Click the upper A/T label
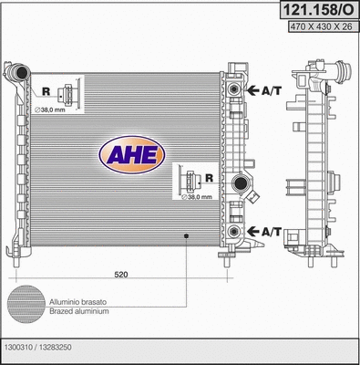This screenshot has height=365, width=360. tap(270, 90)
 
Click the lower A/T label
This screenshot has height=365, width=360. tap(270, 233)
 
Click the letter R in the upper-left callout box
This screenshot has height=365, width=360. tap(45, 92)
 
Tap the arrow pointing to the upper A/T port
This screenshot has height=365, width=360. tap(252, 90)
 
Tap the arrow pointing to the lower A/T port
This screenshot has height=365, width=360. tap(252, 233)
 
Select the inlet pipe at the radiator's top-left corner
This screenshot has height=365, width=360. tap(15, 72)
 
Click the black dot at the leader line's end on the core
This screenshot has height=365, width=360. tap(186, 236)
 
